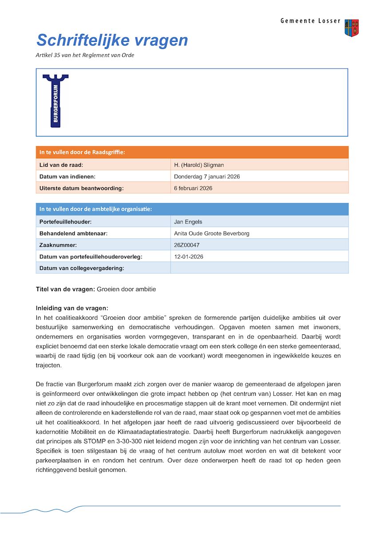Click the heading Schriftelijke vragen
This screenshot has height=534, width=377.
(x=112, y=40)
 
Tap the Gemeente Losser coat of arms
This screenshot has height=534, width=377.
(x=352, y=28)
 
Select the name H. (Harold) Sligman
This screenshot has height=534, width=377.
(x=199, y=165)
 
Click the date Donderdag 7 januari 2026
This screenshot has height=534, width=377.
(x=207, y=177)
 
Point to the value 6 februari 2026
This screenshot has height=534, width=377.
(x=193, y=188)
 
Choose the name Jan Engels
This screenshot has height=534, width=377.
(x=188, y=222)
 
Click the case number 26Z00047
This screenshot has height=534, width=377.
(x=187, y=245)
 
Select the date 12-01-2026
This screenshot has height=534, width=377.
(x=189, y=257)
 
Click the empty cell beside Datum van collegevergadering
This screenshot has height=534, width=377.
(x=259, y=268)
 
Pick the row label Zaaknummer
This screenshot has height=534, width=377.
(x=58, y=245)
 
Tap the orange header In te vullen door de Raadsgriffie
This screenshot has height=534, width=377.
(x=82, y=153)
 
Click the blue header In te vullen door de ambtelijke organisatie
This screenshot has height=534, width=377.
(x=95, y=209)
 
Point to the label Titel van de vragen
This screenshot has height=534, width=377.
(x=65, y=289)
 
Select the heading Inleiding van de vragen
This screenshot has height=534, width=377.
(x=72, y=308)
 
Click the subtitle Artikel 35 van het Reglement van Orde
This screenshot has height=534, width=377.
(x=85, y=56)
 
